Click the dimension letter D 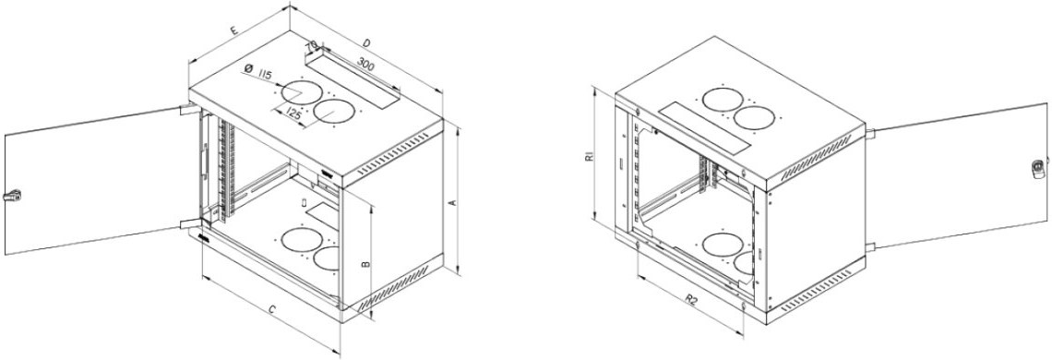point(365,43)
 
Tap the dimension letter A point(452,202)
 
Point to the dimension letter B point(365,264)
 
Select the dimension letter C point(271,309)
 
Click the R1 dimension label point(589,157)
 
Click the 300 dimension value point(365,65)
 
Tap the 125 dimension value point(293,114)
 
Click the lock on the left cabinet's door point(12,196)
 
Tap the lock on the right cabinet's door point(1039,167)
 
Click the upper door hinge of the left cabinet point(188,108)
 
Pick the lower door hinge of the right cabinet point(870,246)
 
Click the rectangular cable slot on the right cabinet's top point(704,127)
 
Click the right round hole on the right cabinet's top point(754,117)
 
